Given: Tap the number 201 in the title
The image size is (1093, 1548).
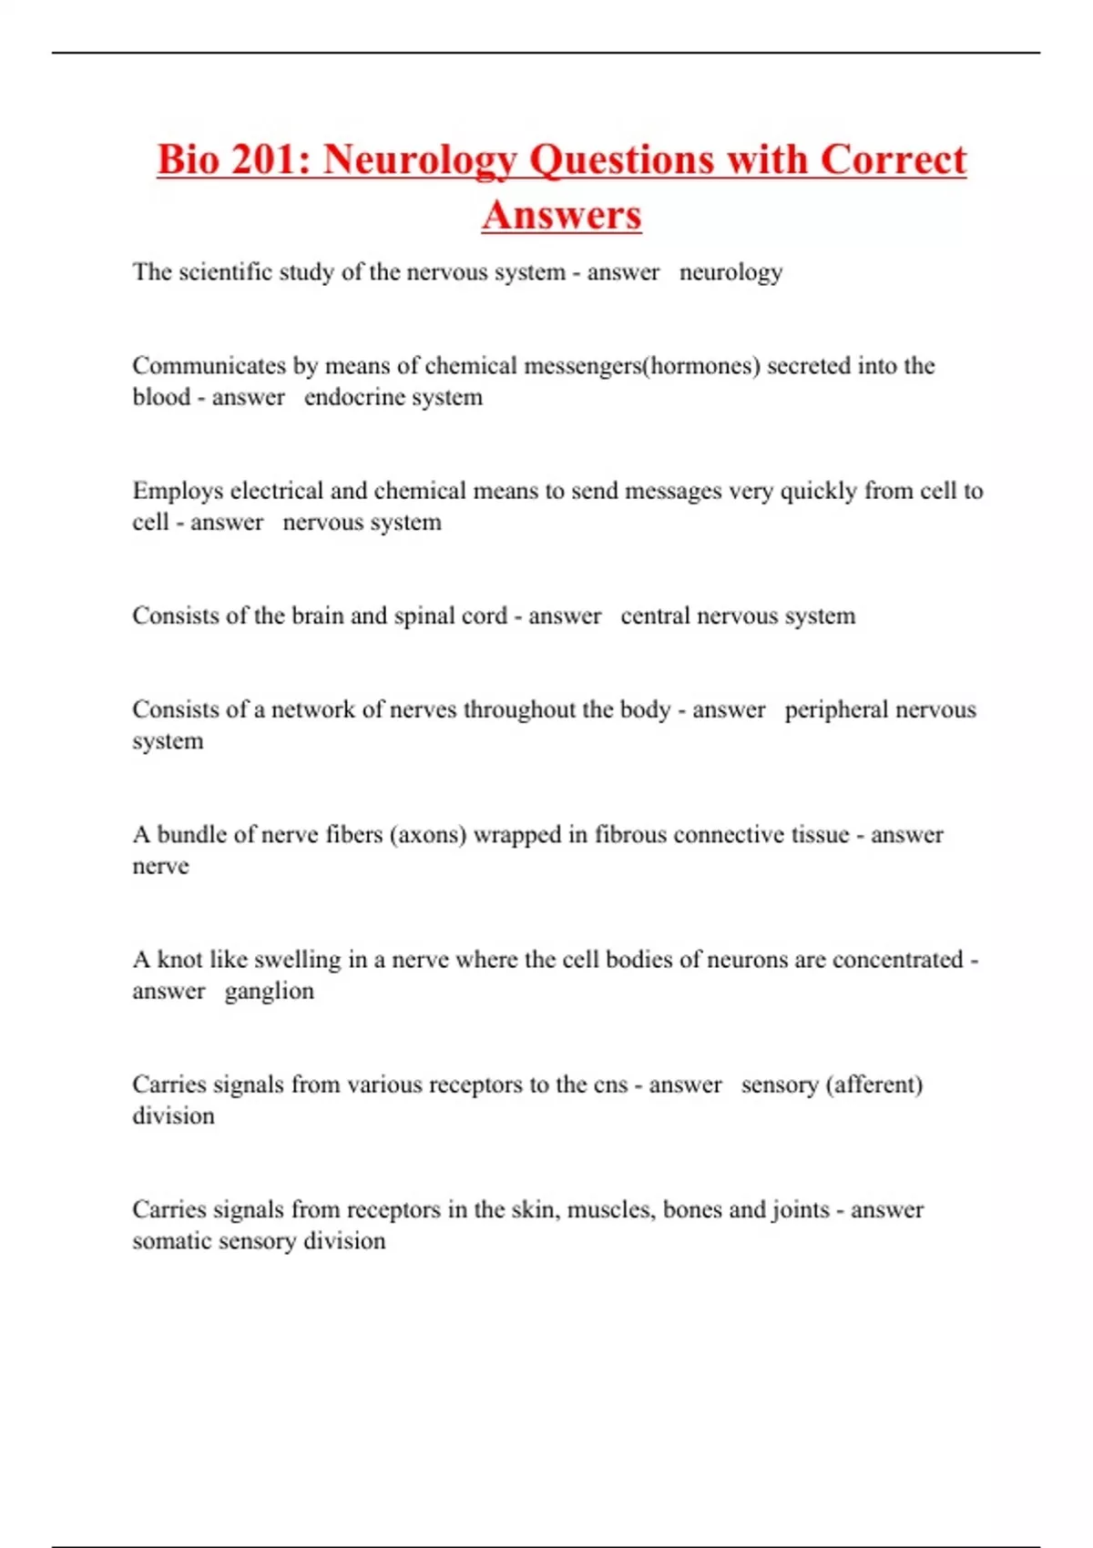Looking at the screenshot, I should [264, 160].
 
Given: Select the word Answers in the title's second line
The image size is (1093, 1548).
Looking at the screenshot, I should [562, 216].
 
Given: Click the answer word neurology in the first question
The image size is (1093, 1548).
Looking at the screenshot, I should [730, 272].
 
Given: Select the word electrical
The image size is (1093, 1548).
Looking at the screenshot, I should [277, 491].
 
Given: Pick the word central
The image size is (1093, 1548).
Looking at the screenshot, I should [655, 616].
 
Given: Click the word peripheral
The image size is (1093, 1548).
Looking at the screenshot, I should [835, 709].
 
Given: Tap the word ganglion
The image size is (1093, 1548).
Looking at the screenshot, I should [269, 991].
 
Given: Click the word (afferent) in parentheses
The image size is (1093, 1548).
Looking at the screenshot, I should [874, 1085].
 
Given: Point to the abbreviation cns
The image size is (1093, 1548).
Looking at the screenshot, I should [610, 1085].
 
